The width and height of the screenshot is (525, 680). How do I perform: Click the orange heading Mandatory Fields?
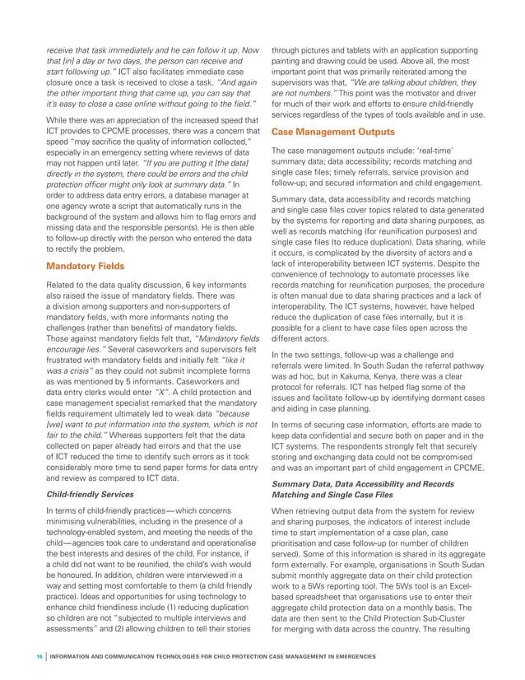[86, 267]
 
